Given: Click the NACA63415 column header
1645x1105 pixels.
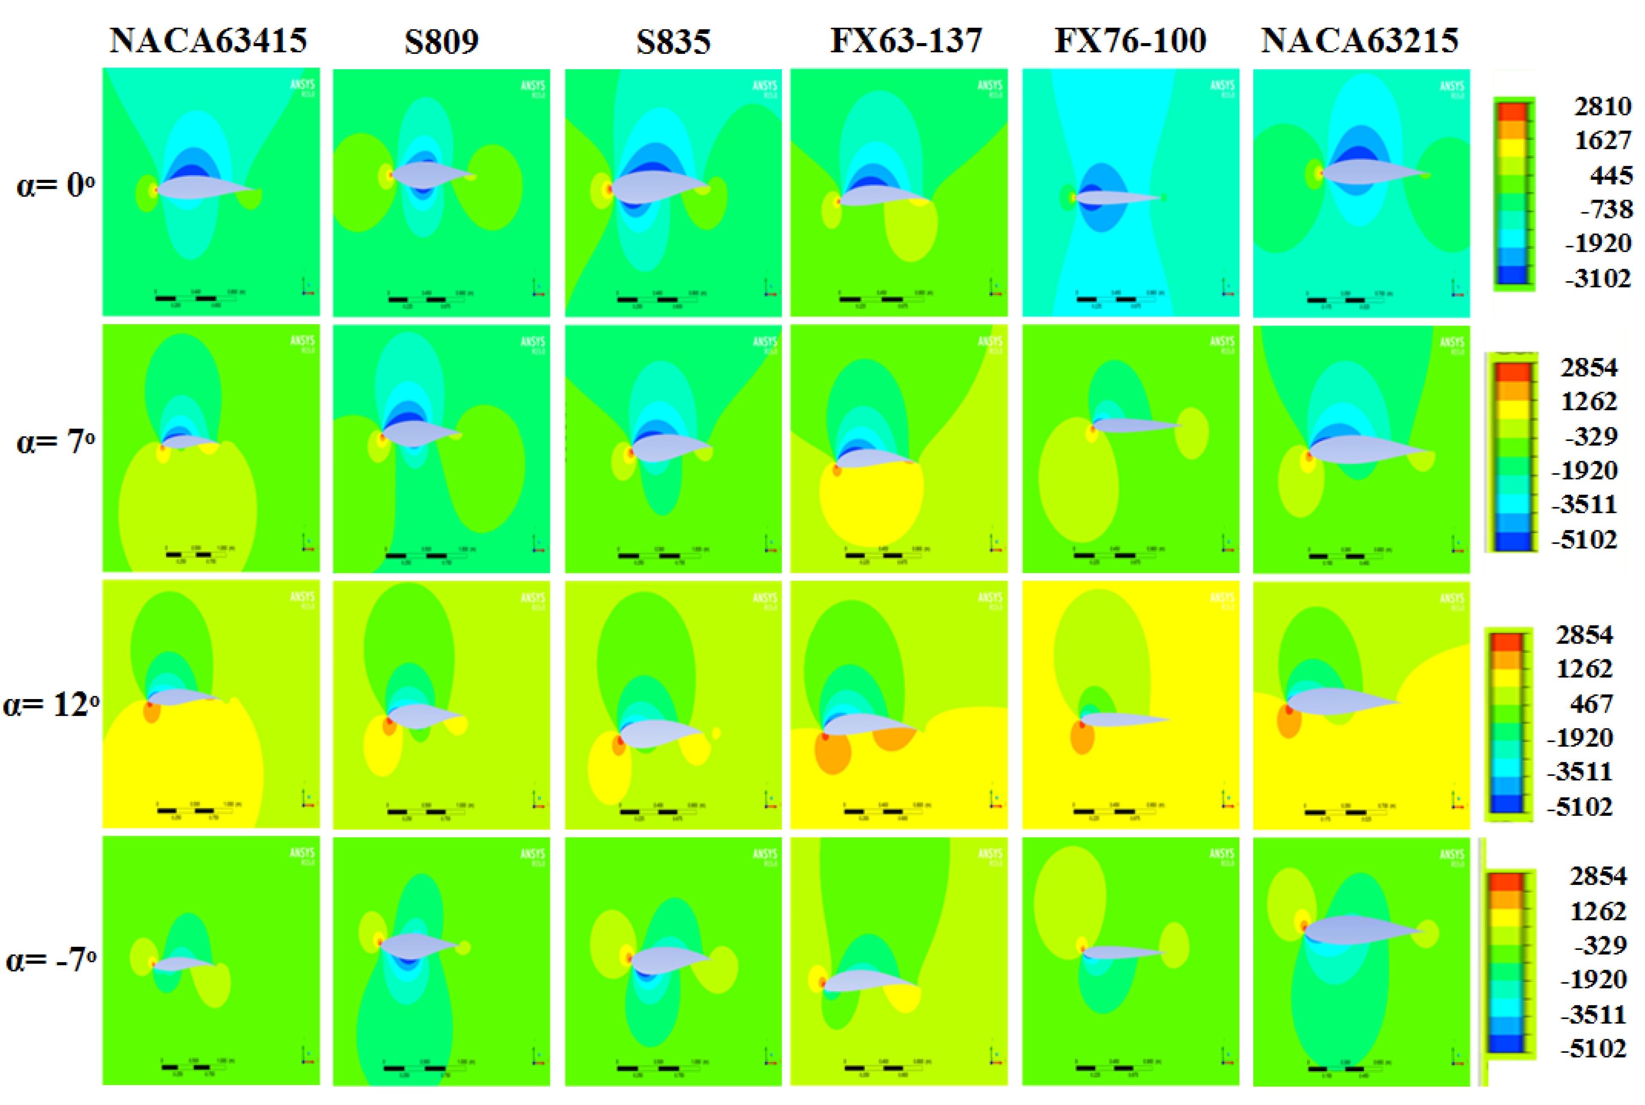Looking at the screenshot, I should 208,41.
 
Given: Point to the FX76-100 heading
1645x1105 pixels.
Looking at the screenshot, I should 1129,41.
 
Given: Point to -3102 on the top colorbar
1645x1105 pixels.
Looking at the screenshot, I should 1598,278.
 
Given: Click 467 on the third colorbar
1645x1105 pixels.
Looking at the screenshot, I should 1591,703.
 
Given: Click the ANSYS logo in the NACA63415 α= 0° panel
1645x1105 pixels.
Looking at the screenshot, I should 302,86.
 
